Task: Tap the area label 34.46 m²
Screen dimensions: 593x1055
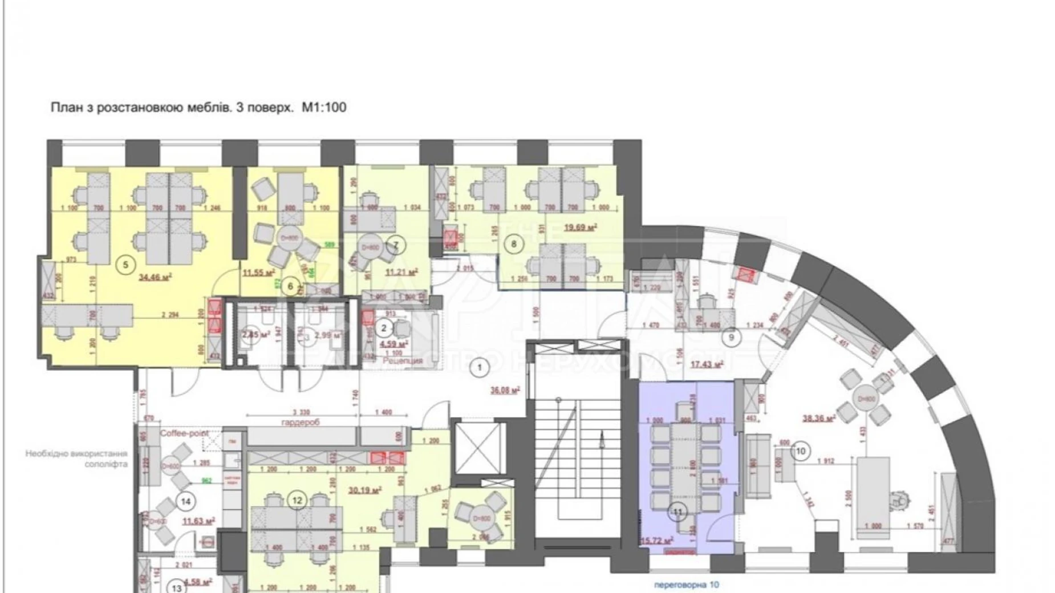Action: pyautogui.click(x=156, y=278)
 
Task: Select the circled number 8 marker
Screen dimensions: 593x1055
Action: pyautogui.click(x=514, y=244)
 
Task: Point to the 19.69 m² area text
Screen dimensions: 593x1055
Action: pyautogui.click(x=580, y=227)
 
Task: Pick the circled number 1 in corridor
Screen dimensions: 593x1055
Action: pyautogui.click(x=480, y=368)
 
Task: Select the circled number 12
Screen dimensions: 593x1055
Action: pyautogui.click(x=297, y=501)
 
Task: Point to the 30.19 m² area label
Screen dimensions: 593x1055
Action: pyautogui.click(x=364, y=489)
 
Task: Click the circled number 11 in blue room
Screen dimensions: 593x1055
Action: pyautogui.click(x=677, y=511)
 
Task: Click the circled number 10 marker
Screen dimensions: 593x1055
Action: pyautogui.click(x=800, y=452)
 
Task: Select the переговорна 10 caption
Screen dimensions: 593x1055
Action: pyautogui.click(x=687, y=584)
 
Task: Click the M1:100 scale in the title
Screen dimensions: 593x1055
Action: pyautogui.click(x=324, y=107)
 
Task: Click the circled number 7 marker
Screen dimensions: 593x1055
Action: pyautogui.click(x=396, y=246)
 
